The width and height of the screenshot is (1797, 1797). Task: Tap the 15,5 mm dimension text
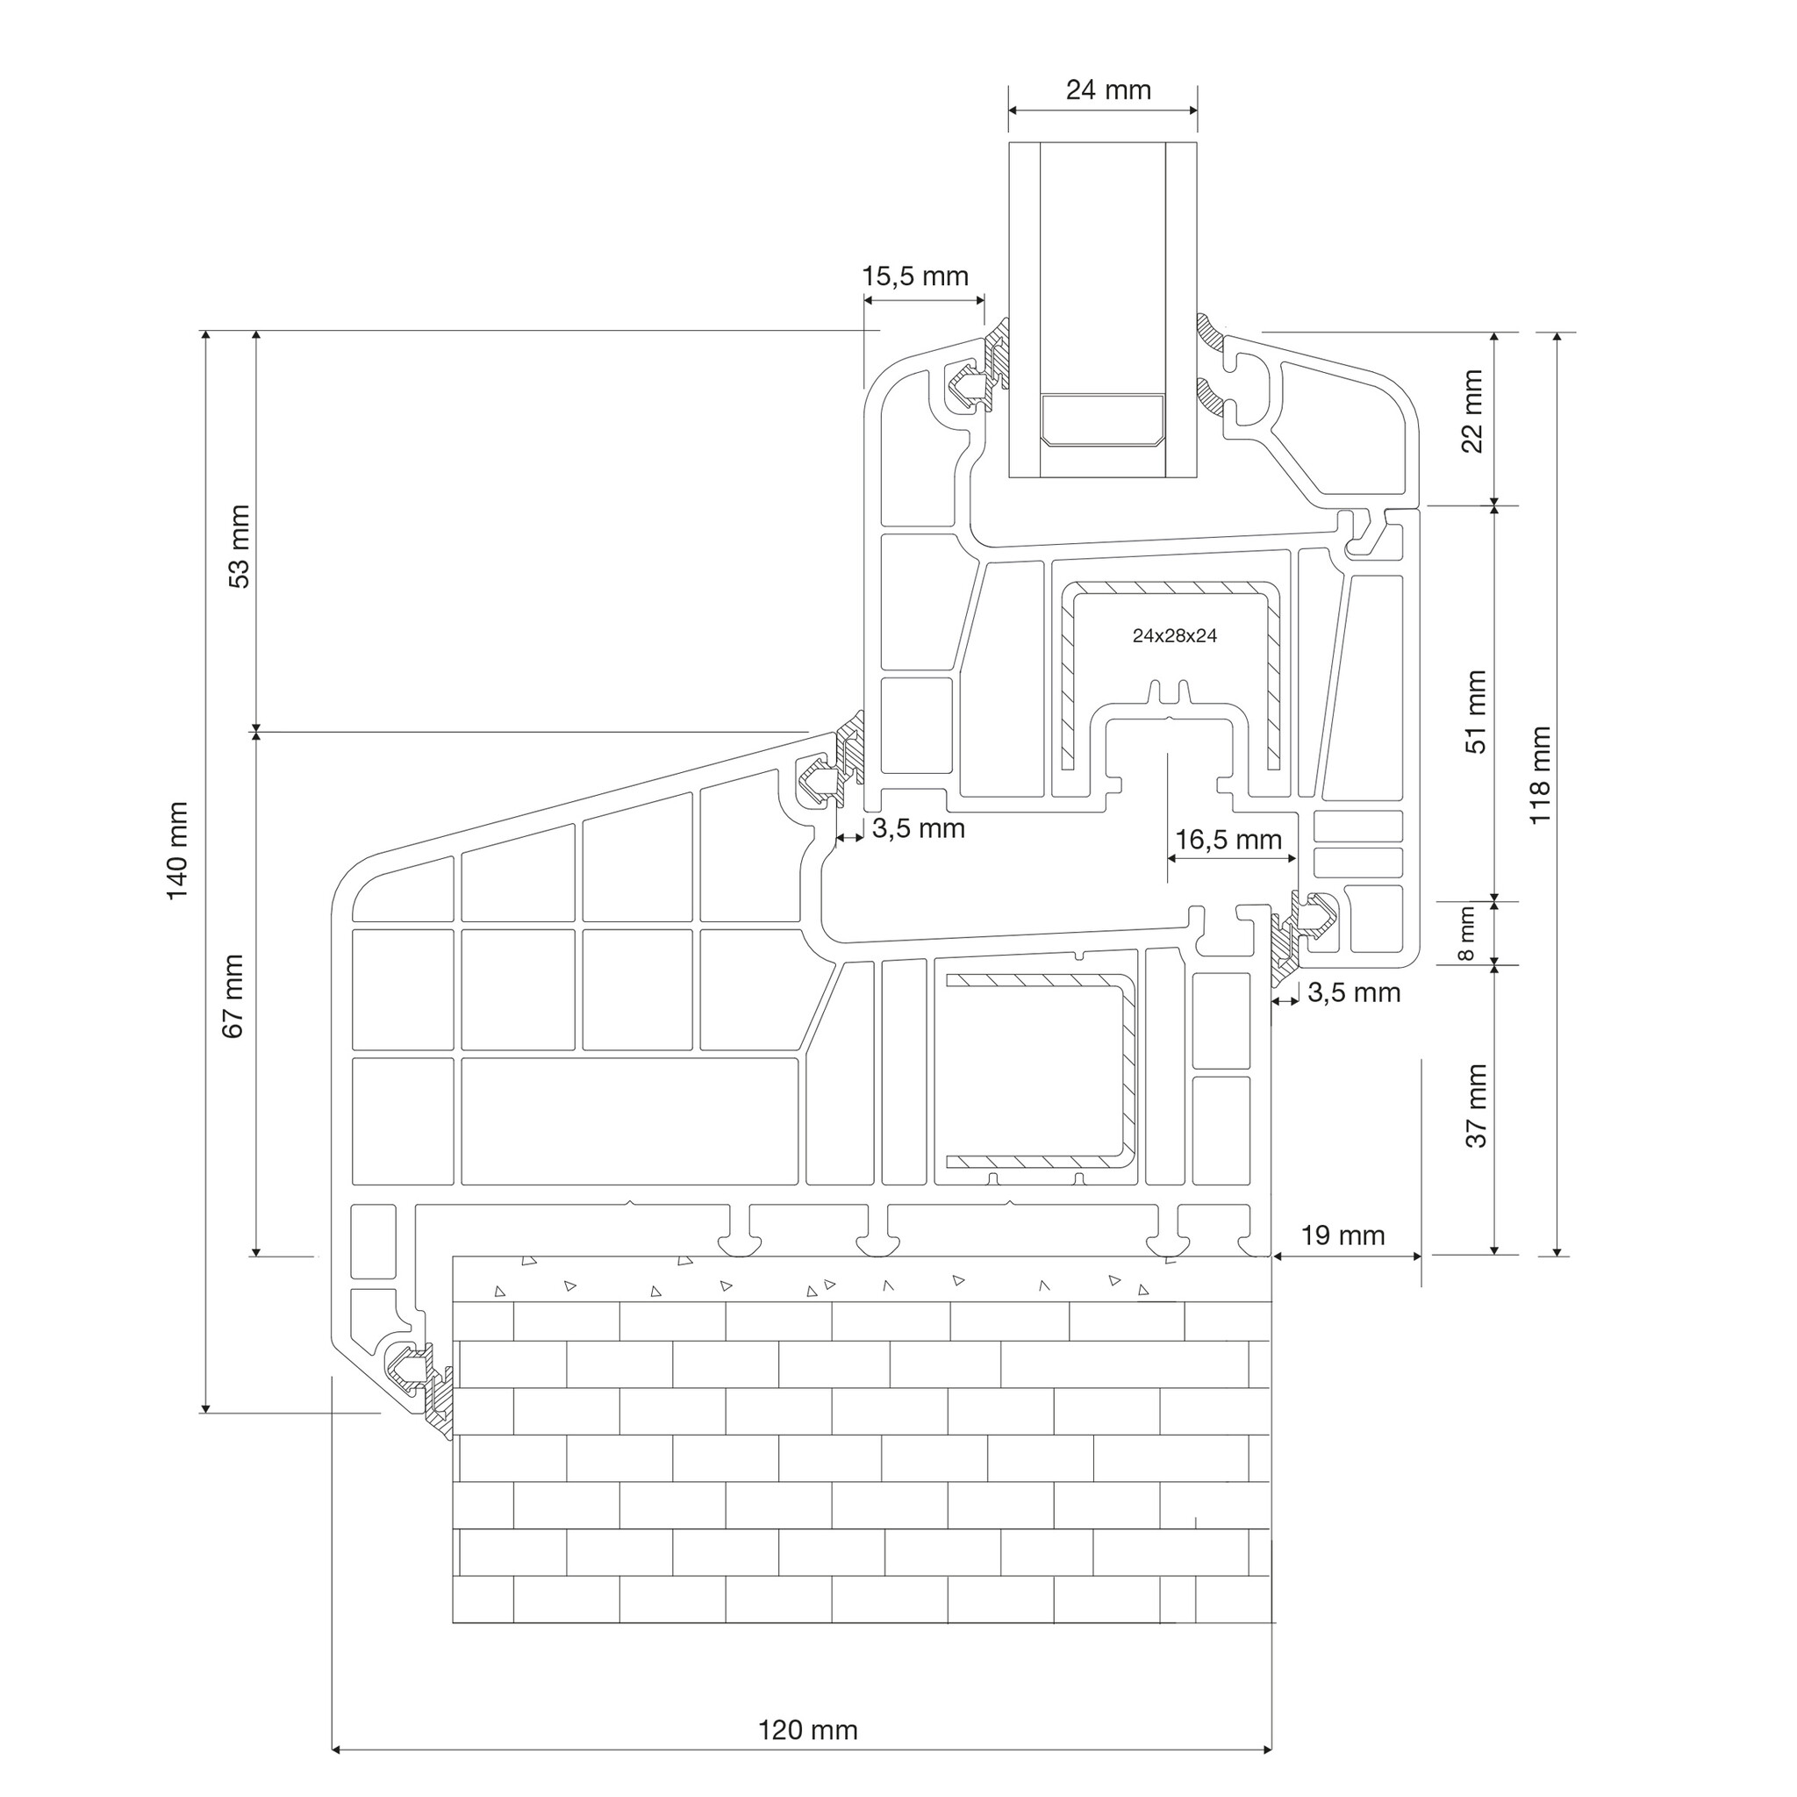(x=915, y=276)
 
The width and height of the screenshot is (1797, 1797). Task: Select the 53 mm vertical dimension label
(x=239, y=546)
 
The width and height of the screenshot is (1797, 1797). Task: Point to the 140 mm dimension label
(x=176, y=850)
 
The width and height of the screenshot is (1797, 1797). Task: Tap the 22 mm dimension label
(x=1472, y=410)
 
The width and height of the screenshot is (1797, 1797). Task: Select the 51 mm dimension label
(x=1476, y=712)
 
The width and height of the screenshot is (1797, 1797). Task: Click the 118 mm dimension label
(x=1539, y=775)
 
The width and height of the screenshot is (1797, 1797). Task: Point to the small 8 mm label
(x=1467, y=934)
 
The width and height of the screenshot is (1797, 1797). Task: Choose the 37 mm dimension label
(x=1476, y=1106)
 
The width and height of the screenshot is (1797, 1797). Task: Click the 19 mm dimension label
(x=1342, y=1235)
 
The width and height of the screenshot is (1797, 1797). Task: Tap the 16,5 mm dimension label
(x=1228, y=840)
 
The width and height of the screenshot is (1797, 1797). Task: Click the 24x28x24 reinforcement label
(x=1175, y=636)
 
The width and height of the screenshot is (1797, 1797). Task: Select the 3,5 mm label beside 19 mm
(x=1354, y=992)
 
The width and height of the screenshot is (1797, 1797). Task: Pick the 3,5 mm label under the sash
(x=918, y=827)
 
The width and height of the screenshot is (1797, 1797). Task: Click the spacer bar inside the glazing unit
(x=1102, y=419)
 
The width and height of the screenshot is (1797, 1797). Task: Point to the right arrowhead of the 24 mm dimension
(x=1191, y=111)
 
